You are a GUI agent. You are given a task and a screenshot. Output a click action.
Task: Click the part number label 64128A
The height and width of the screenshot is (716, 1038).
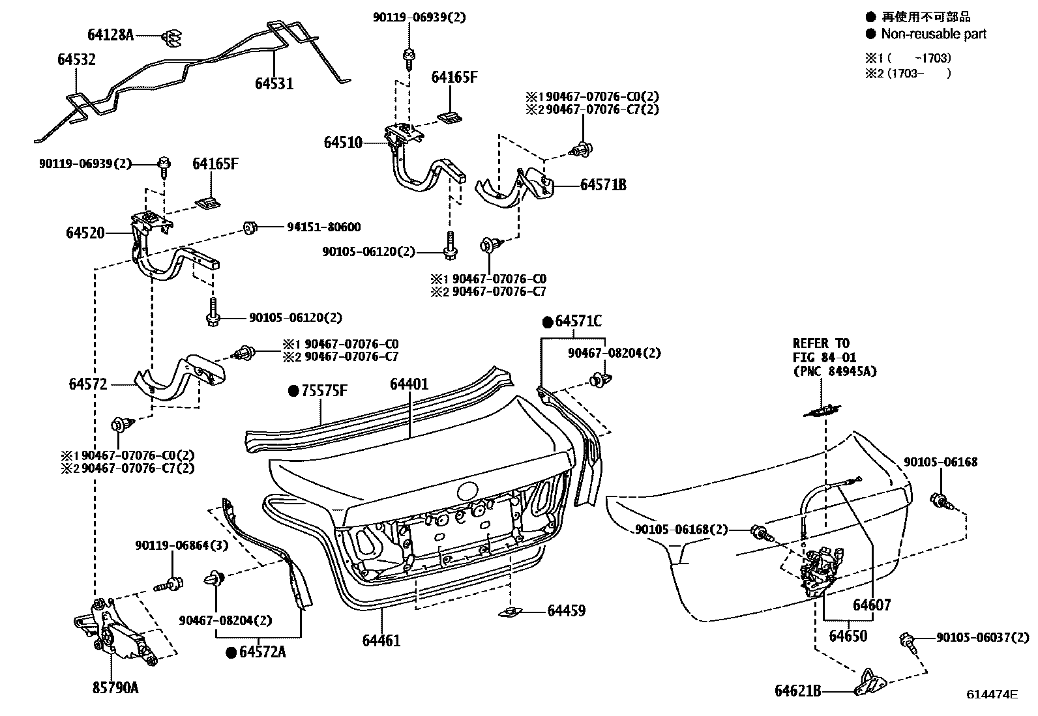[x=110, y=35]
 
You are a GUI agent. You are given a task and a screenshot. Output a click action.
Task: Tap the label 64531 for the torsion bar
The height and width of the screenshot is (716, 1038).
[x=274, y=83]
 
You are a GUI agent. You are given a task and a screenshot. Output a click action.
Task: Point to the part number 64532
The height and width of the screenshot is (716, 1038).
[x=76, y=60]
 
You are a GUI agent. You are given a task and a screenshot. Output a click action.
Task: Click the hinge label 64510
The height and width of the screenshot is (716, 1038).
[x=343, y=142]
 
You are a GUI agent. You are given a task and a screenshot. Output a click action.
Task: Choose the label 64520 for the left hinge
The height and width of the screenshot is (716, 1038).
[x=85, y=232]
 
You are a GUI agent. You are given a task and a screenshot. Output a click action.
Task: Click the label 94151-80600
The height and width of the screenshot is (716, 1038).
[x=323, y=227]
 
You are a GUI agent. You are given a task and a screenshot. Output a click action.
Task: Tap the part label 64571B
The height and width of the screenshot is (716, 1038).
[x=603, y=185]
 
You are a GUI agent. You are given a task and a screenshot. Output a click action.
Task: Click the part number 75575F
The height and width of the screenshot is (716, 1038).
[x=324, y=391]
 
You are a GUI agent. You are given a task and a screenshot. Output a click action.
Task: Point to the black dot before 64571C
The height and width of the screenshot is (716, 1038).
[x=548, y=322]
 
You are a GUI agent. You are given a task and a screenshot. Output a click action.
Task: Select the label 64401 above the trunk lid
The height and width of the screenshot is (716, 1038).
[x=409, y=384]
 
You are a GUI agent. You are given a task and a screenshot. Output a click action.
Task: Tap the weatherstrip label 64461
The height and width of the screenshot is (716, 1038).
[x=381, y=640]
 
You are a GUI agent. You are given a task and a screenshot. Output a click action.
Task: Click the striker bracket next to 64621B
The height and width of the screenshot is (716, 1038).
[x=870, y=681]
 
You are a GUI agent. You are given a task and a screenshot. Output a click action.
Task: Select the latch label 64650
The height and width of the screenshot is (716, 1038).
[x=848, y=635]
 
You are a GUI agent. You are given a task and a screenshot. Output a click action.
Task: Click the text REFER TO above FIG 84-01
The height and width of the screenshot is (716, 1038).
[x=821, y=343]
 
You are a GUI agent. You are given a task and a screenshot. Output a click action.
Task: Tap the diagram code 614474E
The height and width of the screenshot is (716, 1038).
[x=992, y=695]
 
